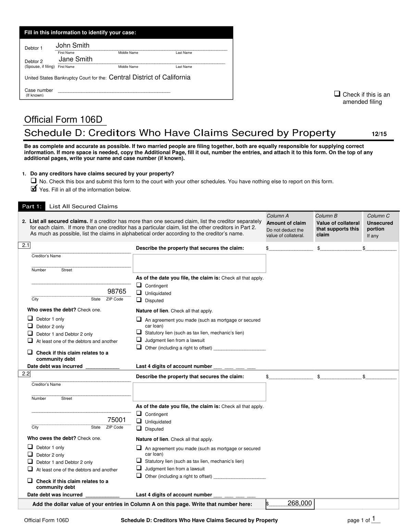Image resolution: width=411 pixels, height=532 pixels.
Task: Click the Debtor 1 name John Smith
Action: (x=73, y=46)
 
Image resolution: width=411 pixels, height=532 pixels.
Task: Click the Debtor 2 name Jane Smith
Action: (x=75, y=59)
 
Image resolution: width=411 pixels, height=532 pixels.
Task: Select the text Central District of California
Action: (x=149, y=77)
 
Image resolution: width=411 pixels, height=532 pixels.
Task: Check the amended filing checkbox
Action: (x=337, y=94)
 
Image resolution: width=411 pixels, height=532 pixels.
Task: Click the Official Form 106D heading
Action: (x=63, y=120)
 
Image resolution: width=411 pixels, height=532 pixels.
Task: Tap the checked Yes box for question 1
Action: (x=34, y=189)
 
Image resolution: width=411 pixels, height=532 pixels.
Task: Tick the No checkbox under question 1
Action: (x=34, y=181)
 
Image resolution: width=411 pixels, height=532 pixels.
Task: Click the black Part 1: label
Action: (x=32, y=206)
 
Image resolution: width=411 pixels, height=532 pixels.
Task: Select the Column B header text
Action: (x=326, y=216)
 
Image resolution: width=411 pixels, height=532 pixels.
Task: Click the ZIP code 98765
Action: (x=117, y=292)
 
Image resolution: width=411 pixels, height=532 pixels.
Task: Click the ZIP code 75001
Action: (x=117, y=420)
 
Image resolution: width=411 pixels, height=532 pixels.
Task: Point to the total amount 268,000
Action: (x=300, y=503)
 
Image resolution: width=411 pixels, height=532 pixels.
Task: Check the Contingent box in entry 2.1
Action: (x=139, y=285)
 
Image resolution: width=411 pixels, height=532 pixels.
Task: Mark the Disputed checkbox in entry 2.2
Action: (x=139, y=428)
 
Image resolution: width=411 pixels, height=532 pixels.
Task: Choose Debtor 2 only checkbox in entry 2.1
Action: (x=30, y=326)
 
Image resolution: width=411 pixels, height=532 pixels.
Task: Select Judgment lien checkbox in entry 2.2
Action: (x=139, y=468)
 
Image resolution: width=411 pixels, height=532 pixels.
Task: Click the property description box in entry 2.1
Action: (x=199, y=263)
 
